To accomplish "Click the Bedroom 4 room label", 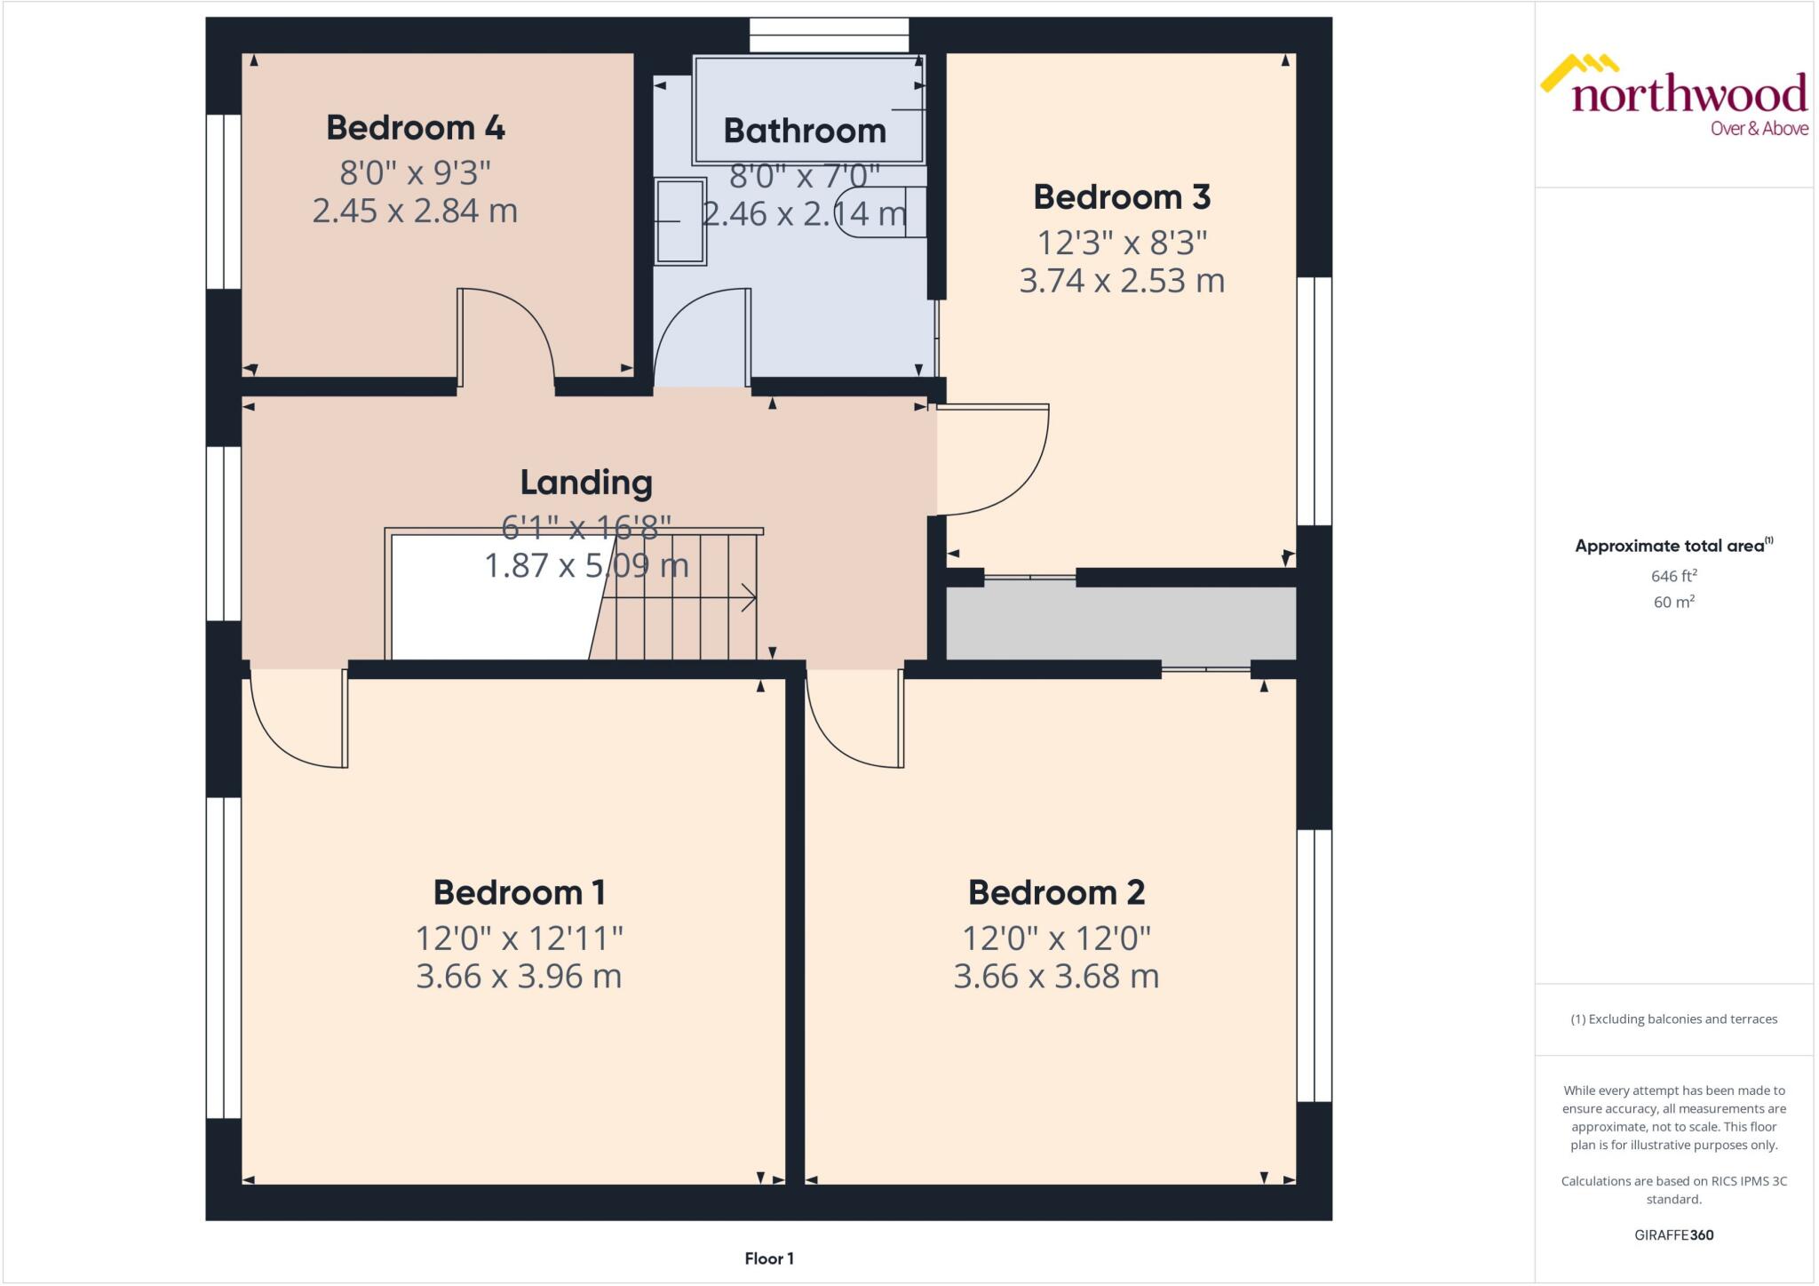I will coord(415,128).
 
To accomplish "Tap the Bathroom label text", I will coord(804,132).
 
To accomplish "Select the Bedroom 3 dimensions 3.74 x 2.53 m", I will coord(1122,281).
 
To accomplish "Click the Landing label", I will coord(586,483).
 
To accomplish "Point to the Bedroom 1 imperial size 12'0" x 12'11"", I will coord(519,938).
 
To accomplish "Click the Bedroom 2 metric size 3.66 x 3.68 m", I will coord(1056,977).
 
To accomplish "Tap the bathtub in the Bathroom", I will coord(807,108).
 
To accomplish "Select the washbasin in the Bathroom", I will coord(680,221).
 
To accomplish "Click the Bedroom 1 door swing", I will coord(293,724).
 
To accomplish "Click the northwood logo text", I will coord(1688,94).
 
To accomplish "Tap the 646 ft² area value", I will coord(1673,576).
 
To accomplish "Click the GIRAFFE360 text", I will coord(1673,1234).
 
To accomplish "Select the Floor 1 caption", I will coord(769,1258).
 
